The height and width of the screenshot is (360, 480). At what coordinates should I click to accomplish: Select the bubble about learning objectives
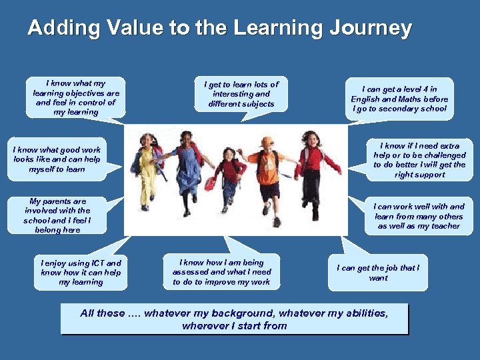[76, 98]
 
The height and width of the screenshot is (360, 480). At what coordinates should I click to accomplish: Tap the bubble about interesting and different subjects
[241, 94]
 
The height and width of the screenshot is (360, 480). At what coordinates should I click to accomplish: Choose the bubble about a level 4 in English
[399, 99]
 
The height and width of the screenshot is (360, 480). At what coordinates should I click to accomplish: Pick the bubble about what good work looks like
[57, 160]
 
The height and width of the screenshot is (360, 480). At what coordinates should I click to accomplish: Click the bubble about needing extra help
[419, 160]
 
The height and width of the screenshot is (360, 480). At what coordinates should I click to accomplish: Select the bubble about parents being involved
[57, 215]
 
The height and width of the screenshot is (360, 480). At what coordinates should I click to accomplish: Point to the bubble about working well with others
[419, 217]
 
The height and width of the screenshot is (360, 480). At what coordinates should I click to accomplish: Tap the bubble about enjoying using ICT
[81, 273]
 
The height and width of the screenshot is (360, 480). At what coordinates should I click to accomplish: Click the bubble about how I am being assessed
[222, 272]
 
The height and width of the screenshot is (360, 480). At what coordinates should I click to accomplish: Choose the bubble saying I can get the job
[378, 273]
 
